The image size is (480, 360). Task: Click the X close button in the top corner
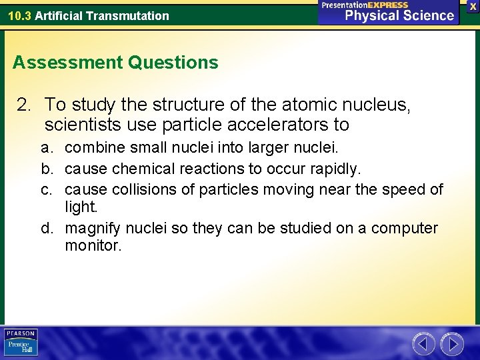pos(472,5)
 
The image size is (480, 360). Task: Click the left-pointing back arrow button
pos(423,344)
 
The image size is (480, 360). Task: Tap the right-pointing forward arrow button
pos(452,344)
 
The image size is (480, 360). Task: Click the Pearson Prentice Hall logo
pos(21,342)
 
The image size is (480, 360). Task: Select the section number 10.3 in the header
pos(19,15)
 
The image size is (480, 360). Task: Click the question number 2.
pos(24,105)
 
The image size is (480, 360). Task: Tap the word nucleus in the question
pos(377,105)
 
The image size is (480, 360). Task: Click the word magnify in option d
pos(91,229)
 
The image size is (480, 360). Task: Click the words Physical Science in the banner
pos(399,15)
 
